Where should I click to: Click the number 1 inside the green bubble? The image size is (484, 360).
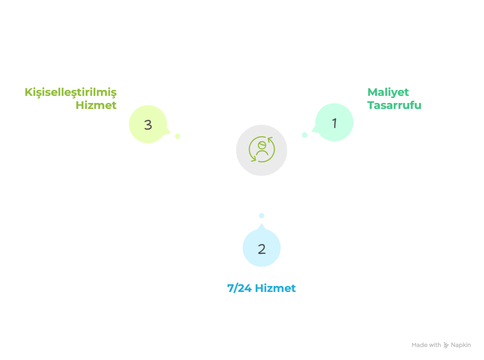tap(335, 123)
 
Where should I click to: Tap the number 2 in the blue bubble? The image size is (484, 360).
tap(262, 249)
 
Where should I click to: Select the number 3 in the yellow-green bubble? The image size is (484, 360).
tap(148, 124)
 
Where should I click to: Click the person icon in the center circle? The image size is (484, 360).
tap(262, 150)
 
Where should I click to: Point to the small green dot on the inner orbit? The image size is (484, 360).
tap(305, 135)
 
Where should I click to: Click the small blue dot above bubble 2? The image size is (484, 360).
tap(262, 216)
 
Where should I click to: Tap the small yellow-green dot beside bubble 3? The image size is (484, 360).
tap(177, 136)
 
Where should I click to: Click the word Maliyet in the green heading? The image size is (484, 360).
tap(388, 92)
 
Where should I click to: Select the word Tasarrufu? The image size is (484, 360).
tap(394, 105)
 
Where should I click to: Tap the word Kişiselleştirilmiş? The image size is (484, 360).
tap(71, 92)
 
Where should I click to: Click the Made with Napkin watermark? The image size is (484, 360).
tap(441, 345)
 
